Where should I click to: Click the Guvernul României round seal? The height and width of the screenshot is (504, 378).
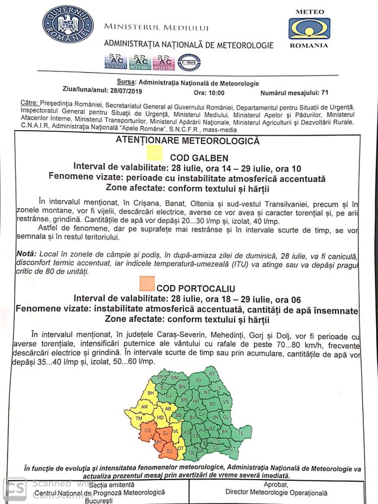(68, 24)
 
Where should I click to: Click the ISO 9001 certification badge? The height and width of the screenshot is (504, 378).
(115, 62)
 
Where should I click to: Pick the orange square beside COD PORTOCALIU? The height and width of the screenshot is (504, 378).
(147, 284)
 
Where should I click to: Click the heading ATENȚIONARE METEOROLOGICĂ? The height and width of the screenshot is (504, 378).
(187, 141)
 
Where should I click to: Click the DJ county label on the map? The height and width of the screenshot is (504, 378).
(169, 450)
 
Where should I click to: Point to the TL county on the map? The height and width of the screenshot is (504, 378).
(241, 433)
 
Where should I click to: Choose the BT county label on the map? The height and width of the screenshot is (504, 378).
(212, 374)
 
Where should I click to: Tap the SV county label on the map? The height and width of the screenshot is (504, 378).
(198, 380)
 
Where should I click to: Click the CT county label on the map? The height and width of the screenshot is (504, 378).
(232, 449)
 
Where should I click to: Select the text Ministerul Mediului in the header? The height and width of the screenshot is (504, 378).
(156, 28)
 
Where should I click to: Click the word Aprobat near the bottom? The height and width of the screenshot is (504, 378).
(276, 484)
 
